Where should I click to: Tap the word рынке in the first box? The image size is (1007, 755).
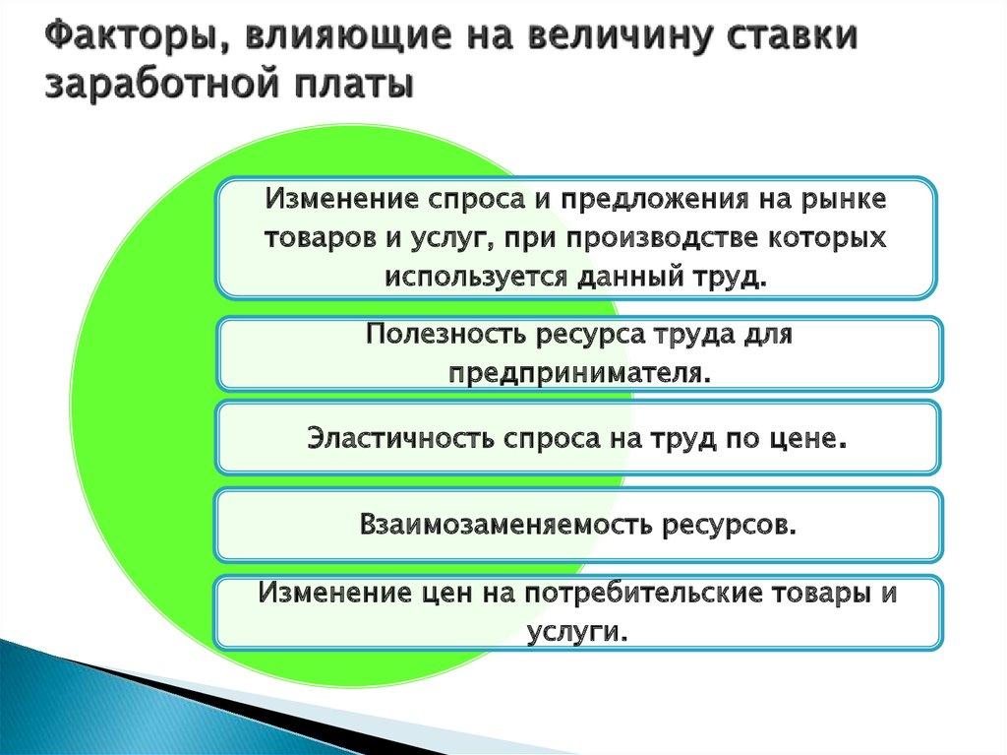click(x=851, y=198)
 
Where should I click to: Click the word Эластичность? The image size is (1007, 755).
click(x=399, y=437)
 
